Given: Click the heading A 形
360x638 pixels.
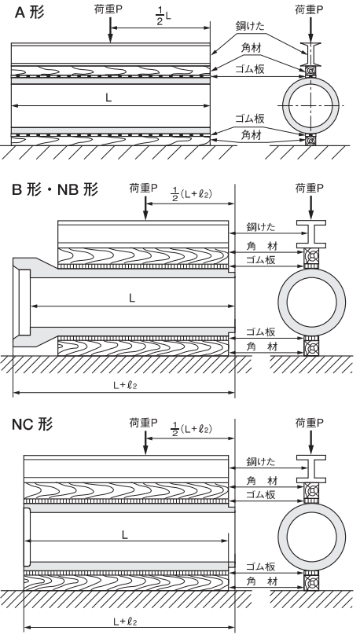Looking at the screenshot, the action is [x=29, y=13].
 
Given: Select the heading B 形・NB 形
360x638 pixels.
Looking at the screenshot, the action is [x=55, y=189].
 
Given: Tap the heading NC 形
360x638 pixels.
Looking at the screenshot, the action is [x=32, y=424].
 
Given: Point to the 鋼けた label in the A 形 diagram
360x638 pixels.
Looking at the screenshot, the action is [x=249, y=27].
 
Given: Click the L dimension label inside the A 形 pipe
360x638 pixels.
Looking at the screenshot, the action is [x=108, y=97].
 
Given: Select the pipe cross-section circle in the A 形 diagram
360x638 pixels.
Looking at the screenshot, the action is [x=310, y=105].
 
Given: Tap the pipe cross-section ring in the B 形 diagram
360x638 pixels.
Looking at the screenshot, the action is [x=311, y=302].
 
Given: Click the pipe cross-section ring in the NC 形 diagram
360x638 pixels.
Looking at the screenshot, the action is [x=311, y=537].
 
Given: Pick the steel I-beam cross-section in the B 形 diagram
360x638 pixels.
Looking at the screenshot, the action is [x=311, y=234].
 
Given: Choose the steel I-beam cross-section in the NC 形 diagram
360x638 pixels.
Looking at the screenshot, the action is [x=311, y=469].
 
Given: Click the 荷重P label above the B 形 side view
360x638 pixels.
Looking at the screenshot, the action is [x=143, y=188].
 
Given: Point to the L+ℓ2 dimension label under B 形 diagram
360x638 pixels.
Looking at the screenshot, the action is [x=125, y=385].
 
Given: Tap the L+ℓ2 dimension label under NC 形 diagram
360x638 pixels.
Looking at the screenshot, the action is [x=125, y=621].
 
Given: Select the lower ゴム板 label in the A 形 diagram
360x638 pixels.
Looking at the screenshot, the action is [x=250, y=119].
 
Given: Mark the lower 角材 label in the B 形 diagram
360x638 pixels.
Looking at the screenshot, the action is [x=262, y=346].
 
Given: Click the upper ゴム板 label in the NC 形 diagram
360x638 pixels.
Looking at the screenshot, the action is [x=261, y=495].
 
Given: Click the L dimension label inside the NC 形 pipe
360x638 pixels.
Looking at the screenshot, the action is [x=125, y=534].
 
